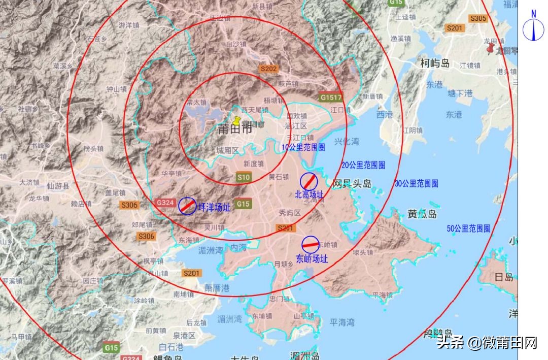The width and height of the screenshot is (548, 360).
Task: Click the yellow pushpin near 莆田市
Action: coord(236,121)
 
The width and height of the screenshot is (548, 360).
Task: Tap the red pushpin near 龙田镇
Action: coord(490,49)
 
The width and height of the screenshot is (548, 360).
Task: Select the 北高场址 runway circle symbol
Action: coord(309,181)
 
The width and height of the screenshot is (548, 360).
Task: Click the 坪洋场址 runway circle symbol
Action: coord(187,205)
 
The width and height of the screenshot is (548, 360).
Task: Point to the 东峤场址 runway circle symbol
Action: coord(311,245)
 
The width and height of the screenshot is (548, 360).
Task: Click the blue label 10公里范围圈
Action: coord(303,147)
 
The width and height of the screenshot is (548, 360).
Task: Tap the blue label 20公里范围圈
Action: coord(363,165)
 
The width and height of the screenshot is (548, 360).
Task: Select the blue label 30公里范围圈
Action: coord(417,183)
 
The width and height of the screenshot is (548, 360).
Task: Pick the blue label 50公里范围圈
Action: coord(469,228)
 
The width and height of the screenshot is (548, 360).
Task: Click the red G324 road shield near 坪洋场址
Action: coord(166,202)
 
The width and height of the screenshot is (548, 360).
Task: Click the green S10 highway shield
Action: coord(244,177)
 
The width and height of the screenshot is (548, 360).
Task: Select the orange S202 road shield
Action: coord(268,69)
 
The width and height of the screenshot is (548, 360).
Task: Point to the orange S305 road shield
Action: coord(478,18)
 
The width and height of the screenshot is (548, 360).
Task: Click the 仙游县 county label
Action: coord(57,186)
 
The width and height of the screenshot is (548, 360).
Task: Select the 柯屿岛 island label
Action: coord(435,63)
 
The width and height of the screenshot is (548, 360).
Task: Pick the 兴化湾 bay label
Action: coord(347,141)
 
